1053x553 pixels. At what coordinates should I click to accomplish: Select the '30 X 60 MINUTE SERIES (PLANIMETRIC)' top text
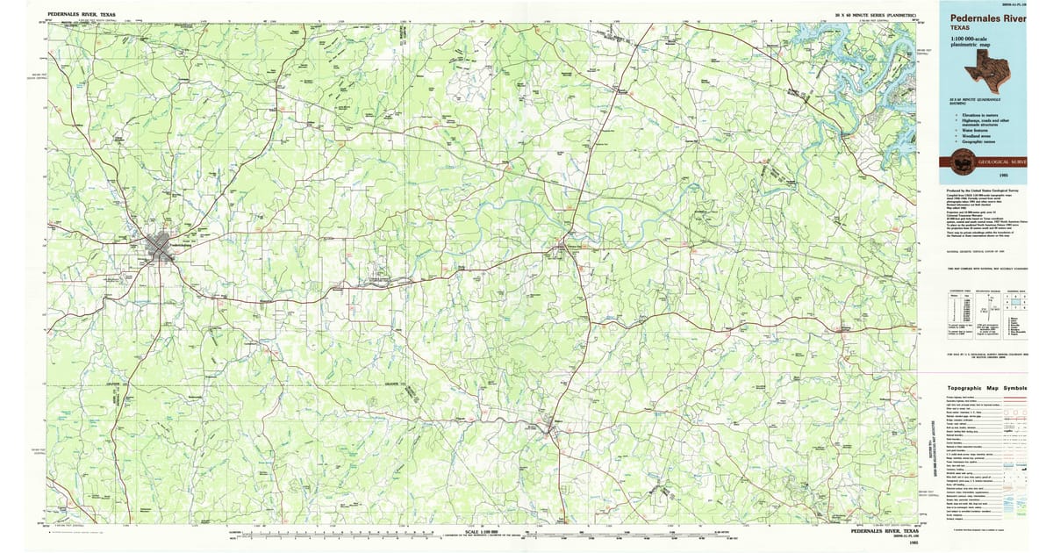(875, 15)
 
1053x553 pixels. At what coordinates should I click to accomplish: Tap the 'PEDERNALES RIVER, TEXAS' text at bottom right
(885, 531)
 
